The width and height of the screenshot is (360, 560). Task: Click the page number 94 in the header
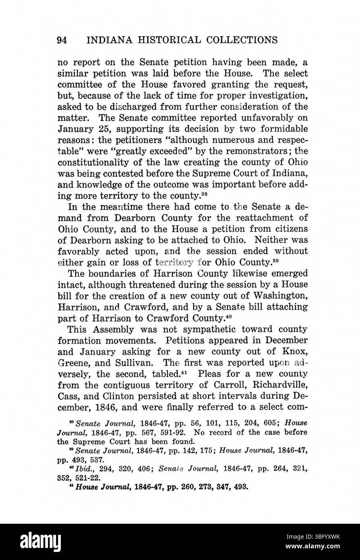click(62, 40)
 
